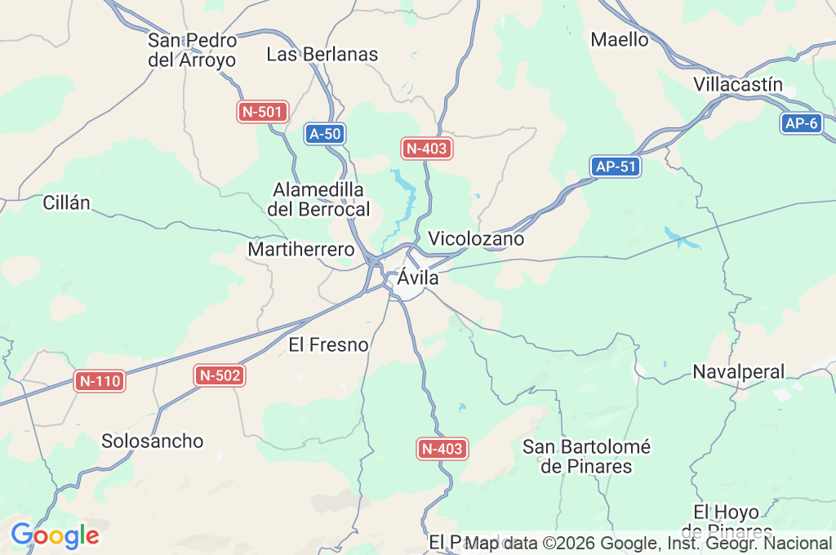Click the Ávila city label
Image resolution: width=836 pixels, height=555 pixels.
coord(417,278)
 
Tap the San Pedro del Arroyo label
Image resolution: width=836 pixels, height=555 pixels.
coord(192,50)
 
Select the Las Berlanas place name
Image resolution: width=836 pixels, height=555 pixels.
coord(322,55)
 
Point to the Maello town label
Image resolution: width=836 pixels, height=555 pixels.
coord(619,39)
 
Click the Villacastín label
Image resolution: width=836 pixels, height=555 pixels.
coord(737,84)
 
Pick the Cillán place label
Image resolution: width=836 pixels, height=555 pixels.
coord(66,203)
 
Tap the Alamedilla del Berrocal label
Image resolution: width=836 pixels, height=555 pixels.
coord(318,200)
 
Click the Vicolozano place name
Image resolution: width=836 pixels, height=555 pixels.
coord(476,239)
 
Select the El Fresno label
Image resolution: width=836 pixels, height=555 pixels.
coord(328,345)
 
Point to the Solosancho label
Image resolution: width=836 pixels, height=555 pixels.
coord(152,442)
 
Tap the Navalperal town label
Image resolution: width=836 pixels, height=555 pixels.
coord(738,372)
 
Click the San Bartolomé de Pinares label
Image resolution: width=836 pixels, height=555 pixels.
coord(586,457)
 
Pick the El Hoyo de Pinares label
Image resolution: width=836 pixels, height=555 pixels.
coord(725,521)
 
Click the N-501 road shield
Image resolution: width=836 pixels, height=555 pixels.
coord(263,112)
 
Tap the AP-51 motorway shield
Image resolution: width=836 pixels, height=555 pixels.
coord(616,166)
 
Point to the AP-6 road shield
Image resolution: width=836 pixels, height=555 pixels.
coord(800,123)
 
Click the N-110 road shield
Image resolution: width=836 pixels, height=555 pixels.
coord(100,380)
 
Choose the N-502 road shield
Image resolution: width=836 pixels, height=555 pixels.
coord(220,375)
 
